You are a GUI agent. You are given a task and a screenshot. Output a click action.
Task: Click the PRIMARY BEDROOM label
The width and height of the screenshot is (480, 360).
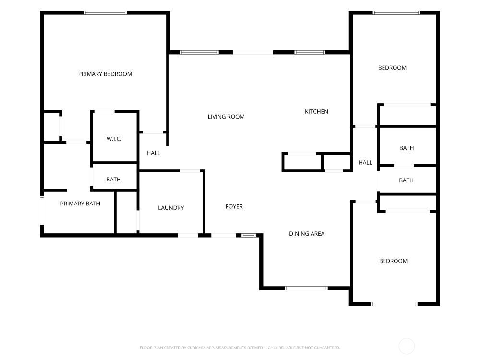coord(105,74)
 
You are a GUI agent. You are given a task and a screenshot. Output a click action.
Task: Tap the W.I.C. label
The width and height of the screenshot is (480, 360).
coord(114,139)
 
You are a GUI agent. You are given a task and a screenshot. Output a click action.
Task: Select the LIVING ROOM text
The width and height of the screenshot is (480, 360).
coord(226,117)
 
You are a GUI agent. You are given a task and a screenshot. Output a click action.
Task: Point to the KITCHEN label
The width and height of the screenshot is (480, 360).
coord(316,112)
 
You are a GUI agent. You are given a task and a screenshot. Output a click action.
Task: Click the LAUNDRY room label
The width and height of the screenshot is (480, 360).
coord(171,208)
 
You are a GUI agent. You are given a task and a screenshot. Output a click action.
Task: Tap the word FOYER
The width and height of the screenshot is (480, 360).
coord(234,206)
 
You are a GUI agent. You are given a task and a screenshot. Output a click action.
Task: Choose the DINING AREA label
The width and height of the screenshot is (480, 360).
coord(307,234)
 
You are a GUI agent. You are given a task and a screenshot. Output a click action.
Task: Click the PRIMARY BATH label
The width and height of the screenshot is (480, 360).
coord(80,204)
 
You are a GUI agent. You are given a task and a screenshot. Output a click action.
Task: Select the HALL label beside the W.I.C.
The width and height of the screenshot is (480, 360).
coord(154,153)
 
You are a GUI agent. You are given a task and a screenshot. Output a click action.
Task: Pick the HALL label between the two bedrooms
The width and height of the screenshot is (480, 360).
coord(365,163)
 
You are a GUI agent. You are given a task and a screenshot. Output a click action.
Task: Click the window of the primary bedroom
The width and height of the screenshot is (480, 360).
coord(105,12)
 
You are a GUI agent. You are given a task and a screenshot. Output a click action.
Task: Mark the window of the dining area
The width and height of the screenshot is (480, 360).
coord(306,288)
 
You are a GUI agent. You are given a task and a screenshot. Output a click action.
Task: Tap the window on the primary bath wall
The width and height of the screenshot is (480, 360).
coord(42,211)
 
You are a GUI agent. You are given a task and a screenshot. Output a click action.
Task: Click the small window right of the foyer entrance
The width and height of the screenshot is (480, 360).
coord(249,235)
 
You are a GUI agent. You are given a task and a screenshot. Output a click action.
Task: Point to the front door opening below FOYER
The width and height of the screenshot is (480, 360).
coord(224,235)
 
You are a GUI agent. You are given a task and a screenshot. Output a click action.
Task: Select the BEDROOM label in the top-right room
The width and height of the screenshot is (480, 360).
coord(393,68)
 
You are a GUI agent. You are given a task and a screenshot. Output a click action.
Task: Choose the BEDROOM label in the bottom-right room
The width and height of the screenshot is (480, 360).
coord(394,261)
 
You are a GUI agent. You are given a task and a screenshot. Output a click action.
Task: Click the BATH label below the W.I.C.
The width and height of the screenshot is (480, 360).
coord(114,180)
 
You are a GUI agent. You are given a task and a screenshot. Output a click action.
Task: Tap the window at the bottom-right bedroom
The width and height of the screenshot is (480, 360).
coord(394,304)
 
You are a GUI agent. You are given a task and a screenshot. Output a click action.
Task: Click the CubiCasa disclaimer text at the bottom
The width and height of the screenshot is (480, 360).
coord(240,348)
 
